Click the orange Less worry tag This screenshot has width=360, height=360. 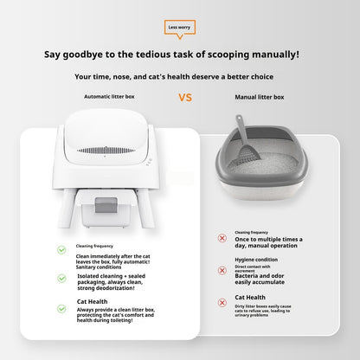point(180,27)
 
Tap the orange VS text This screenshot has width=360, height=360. point(184,97)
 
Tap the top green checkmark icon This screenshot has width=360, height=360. point(61,249)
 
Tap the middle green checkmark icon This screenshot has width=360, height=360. point(61,279)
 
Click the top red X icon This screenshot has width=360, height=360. point(222,237)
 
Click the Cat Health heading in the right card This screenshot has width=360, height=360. point(251,297)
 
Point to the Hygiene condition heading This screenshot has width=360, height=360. point(256,260)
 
